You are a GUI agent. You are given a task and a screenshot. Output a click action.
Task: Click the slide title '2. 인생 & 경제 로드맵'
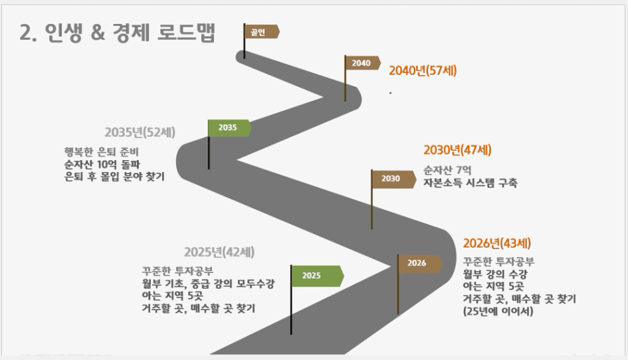[118, 33]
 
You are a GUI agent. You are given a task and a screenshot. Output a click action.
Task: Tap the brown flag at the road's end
[262, 32]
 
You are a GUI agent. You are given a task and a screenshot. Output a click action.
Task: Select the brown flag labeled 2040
[362, 63]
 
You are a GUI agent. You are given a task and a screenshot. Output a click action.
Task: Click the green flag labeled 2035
[229, 128]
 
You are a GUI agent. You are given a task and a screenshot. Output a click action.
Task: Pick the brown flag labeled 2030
[393, 179]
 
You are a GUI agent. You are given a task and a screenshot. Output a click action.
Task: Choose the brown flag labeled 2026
[420, 264]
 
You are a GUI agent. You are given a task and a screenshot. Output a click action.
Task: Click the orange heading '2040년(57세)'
[423, 70]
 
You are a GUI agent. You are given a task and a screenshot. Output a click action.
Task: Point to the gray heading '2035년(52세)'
[140, 132]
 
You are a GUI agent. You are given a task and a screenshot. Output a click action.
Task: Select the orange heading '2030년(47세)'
[457, 149]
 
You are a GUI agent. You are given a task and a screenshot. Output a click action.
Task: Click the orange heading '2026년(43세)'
[496, 243]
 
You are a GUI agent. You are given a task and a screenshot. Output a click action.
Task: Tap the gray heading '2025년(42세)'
[219, 252]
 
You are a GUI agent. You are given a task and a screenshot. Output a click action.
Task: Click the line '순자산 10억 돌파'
[102, 165]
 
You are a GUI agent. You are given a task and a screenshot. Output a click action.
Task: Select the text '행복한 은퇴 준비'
[101, 152]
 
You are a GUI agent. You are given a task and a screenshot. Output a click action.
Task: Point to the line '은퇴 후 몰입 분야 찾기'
[114, 177]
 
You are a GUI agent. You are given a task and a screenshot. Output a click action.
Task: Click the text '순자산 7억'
[447, 171]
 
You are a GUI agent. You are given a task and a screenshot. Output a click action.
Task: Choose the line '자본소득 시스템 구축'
[471, 183]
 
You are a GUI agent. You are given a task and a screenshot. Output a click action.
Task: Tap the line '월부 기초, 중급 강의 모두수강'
[208, 284]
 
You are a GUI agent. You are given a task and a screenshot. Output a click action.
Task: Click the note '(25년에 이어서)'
[498, 311]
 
